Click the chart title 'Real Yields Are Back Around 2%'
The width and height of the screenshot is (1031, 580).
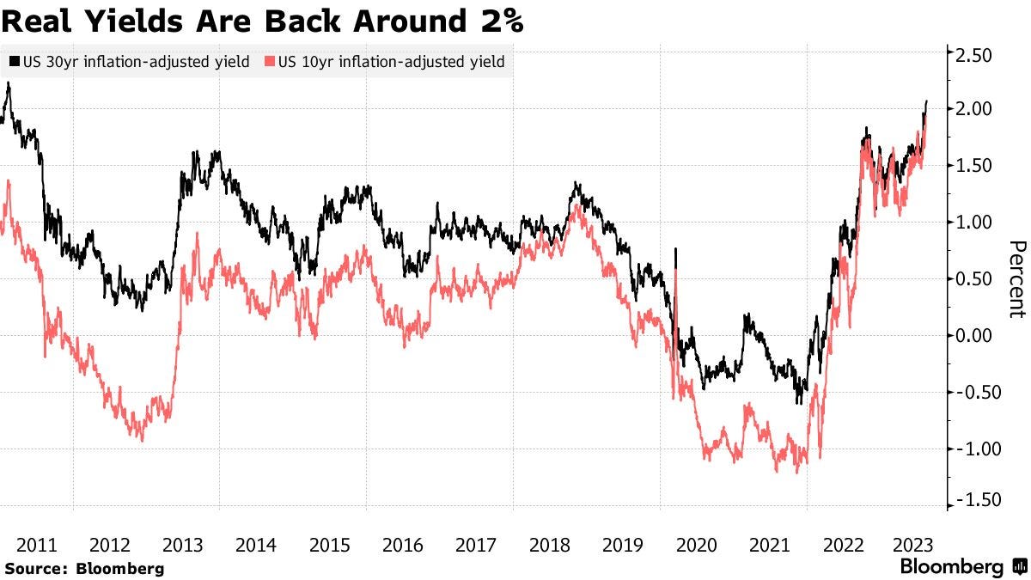tap(262, 20)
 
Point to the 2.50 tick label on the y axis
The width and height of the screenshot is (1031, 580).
tap(974, 56)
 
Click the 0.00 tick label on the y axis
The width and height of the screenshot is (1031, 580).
tap(974, 336)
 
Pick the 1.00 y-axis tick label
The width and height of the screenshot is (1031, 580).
tap(974, 223)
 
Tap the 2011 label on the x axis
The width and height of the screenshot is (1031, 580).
tap(37, 544)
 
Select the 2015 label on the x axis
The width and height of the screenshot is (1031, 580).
tap(329, 544)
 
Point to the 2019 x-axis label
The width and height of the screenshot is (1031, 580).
tap(623, 544)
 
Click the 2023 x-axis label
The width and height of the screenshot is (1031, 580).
tap(915, 544)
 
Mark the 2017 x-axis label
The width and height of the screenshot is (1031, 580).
tap(476, 544)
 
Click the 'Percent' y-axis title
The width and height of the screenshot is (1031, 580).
tap(1016, 279)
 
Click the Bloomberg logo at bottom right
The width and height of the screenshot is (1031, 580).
tap(962, 566)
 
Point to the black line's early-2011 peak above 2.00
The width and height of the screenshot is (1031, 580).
tap(8, 84)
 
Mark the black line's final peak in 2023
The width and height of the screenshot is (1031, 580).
tap(926, 102)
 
